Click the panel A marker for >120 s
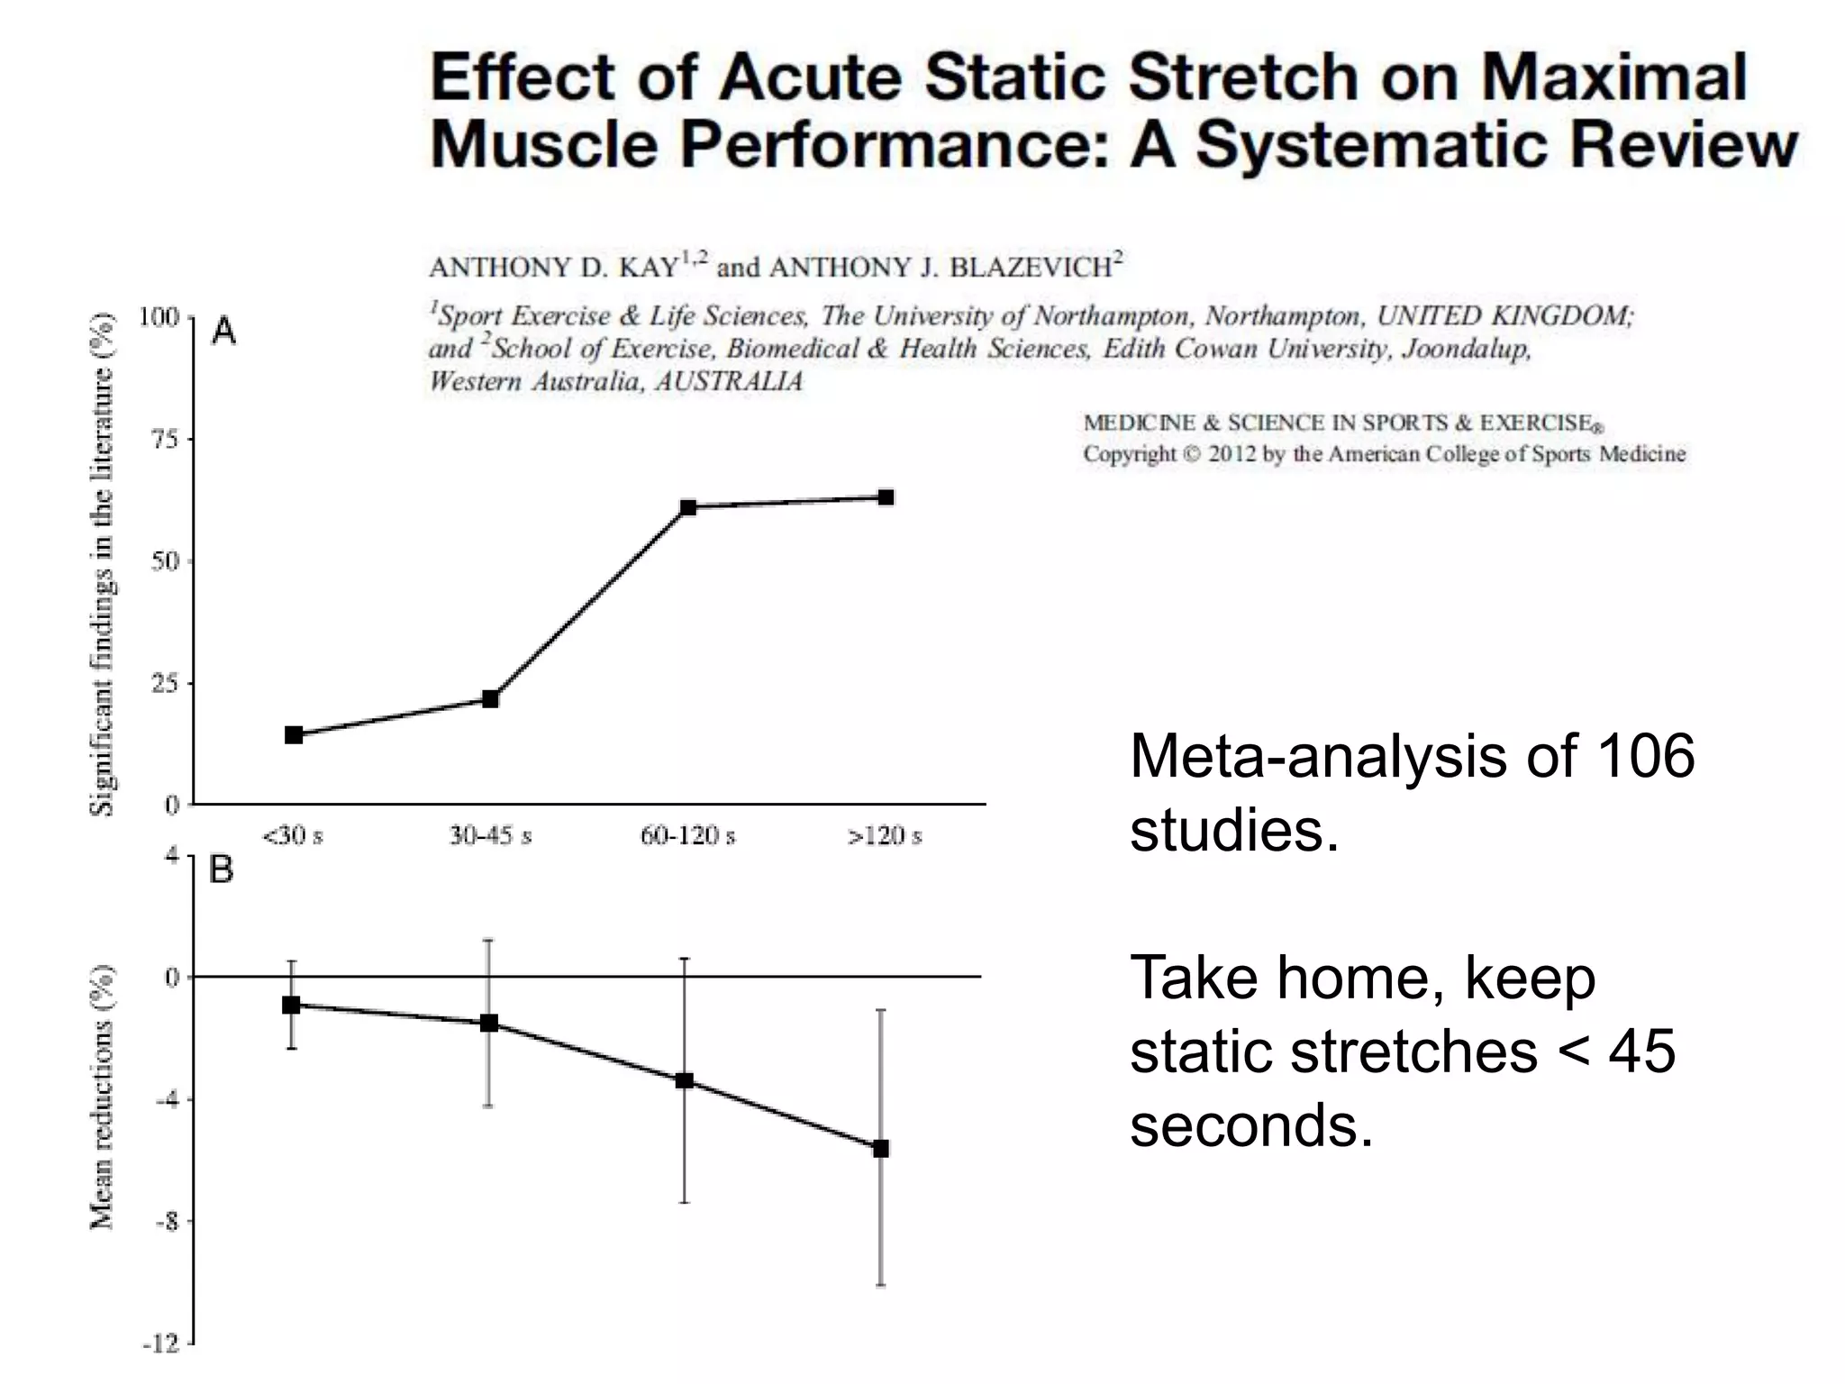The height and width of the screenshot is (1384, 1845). click(886, 497)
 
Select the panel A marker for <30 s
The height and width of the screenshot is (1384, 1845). click(294, 735)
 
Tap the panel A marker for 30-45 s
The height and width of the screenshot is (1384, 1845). click(491, 699)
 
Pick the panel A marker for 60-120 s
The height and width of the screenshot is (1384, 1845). click(688, 507)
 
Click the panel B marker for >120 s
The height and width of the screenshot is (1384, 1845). click(881, 1148)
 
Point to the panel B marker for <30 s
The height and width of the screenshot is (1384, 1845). click(291, 1005)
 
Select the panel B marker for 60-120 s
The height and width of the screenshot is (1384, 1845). click(685, 1080)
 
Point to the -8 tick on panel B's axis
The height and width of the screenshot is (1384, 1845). click(168, 1222)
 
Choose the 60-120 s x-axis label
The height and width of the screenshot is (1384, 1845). click(687, 836)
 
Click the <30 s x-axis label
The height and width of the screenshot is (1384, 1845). click(293, 836)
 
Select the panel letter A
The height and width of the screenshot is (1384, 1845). click(223, 332)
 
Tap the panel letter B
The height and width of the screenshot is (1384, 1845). click(222, 870)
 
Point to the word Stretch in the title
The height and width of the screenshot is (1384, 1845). click(1244, 77)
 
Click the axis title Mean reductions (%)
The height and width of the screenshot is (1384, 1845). click(104, 1097)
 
